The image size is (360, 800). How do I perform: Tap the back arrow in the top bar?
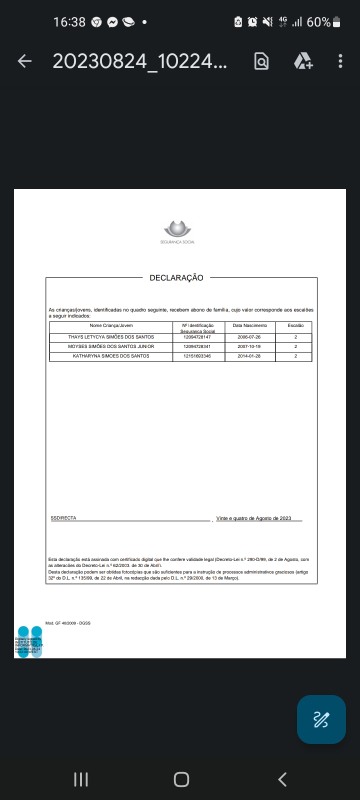point(24,61)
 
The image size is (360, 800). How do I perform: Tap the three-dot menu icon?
point(340,61)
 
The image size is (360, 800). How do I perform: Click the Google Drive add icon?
point(303,61)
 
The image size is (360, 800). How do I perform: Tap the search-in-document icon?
point(261,61)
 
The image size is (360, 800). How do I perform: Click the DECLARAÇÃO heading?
point(176,278)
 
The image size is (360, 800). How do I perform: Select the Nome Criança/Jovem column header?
point(111,325)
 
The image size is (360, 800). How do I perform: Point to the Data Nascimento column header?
point(250,325)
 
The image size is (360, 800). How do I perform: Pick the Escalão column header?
point(295,325)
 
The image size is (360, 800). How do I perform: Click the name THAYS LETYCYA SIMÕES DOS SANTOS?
point(111,337)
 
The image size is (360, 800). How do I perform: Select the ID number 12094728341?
point(197,346)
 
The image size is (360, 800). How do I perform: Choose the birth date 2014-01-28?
point(249,356)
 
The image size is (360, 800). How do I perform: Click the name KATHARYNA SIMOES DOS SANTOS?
point(111,356)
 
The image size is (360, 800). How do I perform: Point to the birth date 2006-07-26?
point(249,337)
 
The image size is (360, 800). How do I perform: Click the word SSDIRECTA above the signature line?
point(63,518)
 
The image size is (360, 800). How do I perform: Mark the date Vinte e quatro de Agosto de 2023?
point(253,518)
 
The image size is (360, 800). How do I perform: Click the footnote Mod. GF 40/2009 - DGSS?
point(68,623)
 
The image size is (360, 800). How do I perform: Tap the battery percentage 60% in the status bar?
point(318,22)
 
